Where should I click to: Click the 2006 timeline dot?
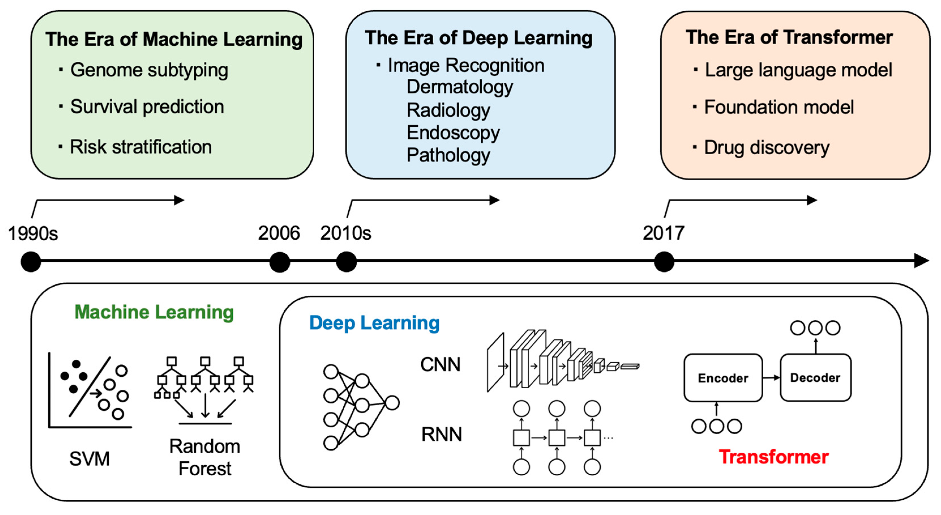coord(280,262)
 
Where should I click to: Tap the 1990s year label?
coord(33,233)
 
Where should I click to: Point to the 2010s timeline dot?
coord(346,262)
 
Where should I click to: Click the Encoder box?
coord(723,378)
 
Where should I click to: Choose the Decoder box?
coord(815,378)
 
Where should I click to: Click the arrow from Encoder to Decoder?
coord(771,378)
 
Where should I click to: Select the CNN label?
coord(440,364)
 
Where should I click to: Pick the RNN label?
coord(442,434)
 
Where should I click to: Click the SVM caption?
coord(89,459)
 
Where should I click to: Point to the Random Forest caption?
coord(205,457)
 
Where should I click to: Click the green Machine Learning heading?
coord(154,312)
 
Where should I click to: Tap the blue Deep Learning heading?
coord(374,323)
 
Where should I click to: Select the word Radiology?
coord(448,110)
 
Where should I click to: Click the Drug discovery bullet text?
coord(766,147)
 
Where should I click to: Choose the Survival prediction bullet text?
coord(147,107)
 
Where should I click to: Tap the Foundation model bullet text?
coord(779,107)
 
